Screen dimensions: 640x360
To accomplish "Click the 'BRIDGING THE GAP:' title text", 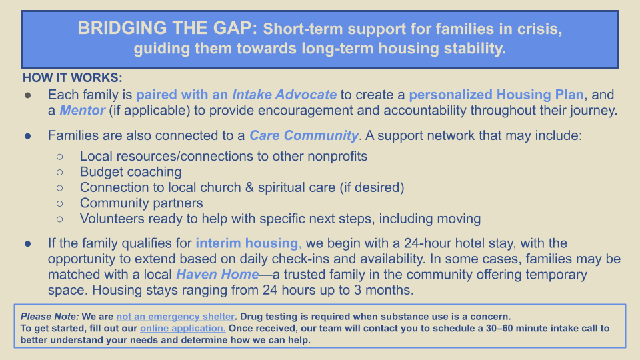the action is coord(167,29).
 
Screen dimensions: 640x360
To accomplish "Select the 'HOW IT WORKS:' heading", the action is coord(72,77).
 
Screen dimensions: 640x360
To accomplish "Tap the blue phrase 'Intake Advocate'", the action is coord(285,95).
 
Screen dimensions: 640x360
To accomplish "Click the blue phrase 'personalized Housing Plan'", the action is coord(496,95).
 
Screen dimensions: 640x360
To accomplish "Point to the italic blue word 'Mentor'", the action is coord(82,110).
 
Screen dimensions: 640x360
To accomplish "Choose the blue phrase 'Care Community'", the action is coord(304,135).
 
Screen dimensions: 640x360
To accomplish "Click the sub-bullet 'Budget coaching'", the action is coord(131,172).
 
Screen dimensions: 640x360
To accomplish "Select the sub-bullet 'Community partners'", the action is coord(141,203).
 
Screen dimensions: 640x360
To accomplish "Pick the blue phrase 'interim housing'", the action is coord(247,243).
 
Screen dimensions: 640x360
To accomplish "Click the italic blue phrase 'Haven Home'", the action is coord(217,274).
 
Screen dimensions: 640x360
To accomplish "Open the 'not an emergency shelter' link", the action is coord(175,317).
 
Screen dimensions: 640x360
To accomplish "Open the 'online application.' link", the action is coord(183,329).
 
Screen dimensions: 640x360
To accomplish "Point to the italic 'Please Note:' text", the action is coord(49,317).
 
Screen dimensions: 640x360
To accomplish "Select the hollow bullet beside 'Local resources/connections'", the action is coord(60,156).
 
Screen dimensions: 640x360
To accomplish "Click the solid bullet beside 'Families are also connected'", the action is coord(28,136).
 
